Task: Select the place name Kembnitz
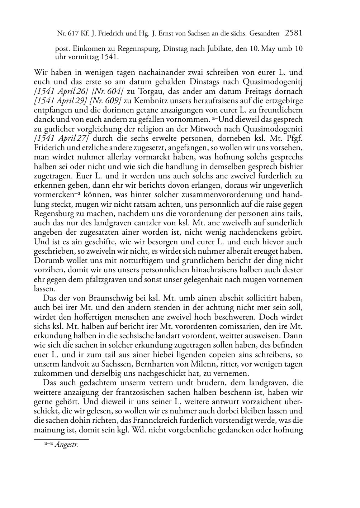coord(146,101)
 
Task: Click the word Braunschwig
coord(97,298)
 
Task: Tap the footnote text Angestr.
coord(66,445)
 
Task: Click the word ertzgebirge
coord(281,101)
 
